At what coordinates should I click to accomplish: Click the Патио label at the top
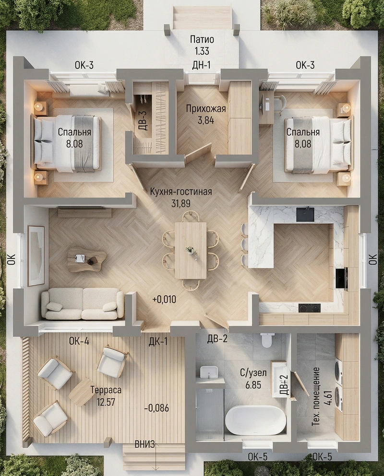tap(202, 39)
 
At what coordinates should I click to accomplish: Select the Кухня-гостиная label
tap(181, 192)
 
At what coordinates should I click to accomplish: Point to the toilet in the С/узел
tap(267, 340)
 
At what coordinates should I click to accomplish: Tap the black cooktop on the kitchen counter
tap(309, 308)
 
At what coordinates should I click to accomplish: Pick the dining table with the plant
tap(191, 250)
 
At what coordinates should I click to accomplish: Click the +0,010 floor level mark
tap(165, 300)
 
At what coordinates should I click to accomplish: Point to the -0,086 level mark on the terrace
tap(156, 408)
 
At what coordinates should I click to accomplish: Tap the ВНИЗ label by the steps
tap(145, 444)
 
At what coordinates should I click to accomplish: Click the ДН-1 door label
tap(202, 65)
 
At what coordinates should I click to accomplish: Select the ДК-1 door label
tap(158, 341)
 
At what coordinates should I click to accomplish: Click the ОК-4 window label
tap(79, 341)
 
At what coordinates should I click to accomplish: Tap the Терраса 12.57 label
tap(106, 396)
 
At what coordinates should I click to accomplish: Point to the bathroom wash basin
tap(209, 372)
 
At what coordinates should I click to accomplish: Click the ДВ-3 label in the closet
tap(144, 121)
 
